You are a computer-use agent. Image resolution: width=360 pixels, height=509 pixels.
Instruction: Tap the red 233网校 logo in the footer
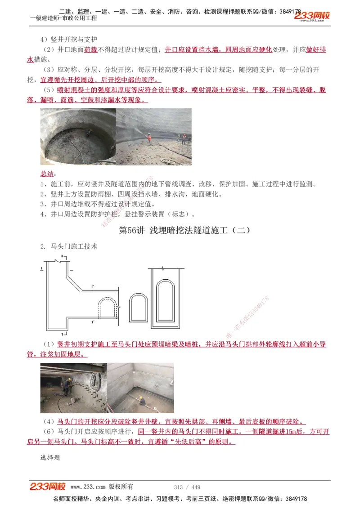coord(48,487)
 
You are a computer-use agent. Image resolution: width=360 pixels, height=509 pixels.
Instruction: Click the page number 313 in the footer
coord(178,487)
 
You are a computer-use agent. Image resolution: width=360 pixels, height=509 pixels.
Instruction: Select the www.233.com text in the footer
coord(88,487)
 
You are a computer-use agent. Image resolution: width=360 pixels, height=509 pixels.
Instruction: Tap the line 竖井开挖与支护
coord(72,40)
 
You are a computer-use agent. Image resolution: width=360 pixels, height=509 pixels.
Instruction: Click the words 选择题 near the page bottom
coord(50,458)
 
